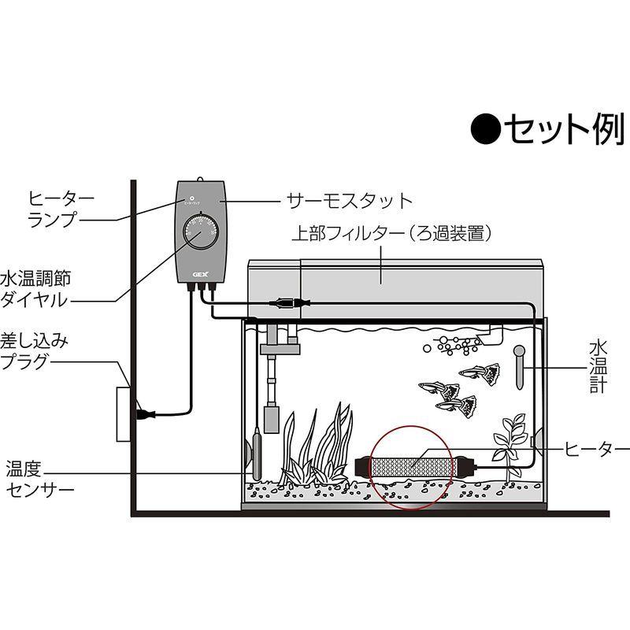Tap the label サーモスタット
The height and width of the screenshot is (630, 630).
(x=350, y=201)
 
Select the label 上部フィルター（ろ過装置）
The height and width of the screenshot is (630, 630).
(x=391, y=234)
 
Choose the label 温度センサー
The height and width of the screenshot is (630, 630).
(x=39, y=478)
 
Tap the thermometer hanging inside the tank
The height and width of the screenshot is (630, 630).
(x=520, y=365)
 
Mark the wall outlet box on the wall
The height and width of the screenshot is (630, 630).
(x=123, y=413)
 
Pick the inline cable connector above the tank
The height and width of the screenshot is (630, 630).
(x=285, y=302)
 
